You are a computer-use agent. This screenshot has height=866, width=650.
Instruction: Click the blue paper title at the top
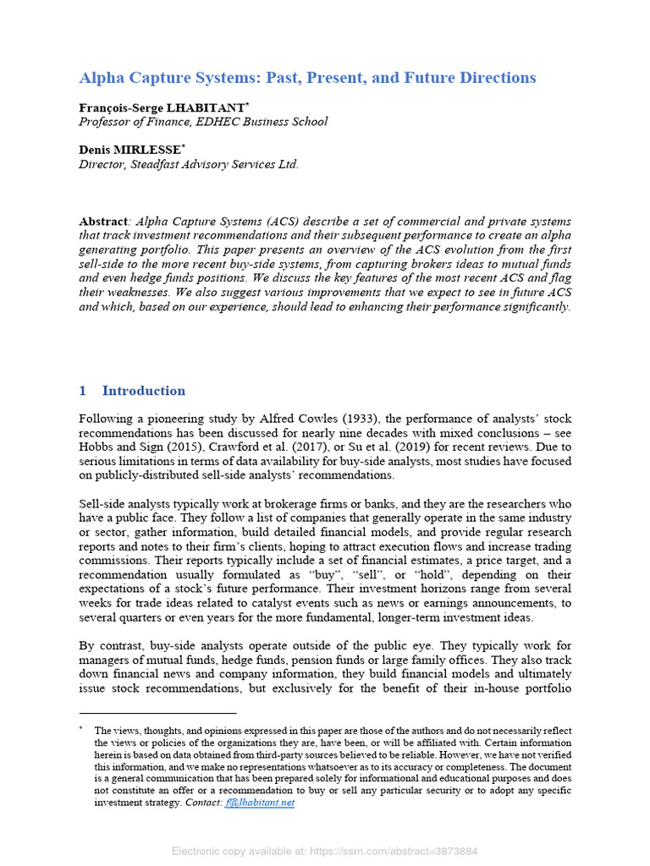pos(307,78)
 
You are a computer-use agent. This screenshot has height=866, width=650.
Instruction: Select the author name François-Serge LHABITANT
pos(162,107)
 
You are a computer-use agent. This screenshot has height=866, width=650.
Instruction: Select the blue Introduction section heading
pos(143,391)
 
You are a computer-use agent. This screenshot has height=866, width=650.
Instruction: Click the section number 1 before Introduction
pos(83,391)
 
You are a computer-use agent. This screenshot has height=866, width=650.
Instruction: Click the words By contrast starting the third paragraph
pos(111,646)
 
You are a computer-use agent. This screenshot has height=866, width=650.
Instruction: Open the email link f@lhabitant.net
pos(260,803)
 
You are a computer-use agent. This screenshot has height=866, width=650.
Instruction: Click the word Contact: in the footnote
pos(204,803)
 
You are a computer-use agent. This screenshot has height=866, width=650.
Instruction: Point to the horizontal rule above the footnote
pos(157,713)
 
